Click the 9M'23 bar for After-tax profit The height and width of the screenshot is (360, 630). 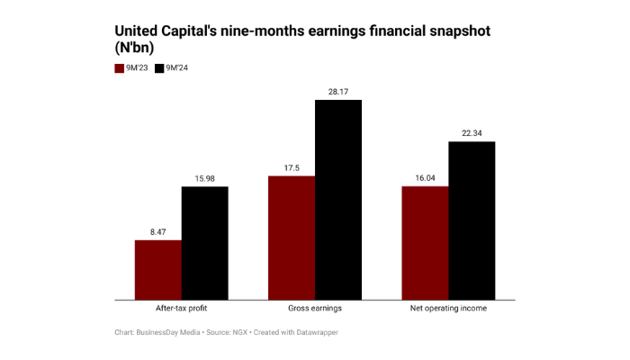coord(158,269)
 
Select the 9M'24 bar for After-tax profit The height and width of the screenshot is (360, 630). coord(204,243)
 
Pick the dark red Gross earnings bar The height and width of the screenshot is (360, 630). coord(292,238)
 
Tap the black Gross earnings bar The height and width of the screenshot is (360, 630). coord(337,199)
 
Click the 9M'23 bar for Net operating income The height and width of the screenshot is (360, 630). coord(425,242)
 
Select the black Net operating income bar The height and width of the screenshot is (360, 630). coord(472,220)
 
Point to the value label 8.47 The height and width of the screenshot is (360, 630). coord(158,231)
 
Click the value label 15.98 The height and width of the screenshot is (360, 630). coord(204,177)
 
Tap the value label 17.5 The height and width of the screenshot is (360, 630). coord(292,167)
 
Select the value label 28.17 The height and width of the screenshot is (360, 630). coord(337,90)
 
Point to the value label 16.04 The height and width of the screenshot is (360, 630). coord(425,177)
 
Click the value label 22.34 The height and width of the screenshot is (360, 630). coord(472,132)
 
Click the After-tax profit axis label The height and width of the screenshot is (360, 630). coord(181,309)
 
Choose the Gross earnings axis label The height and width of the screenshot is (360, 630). coord(315,309)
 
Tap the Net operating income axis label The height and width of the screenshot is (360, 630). coord(448,309)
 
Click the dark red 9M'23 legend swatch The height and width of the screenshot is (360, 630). coord(119,68)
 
